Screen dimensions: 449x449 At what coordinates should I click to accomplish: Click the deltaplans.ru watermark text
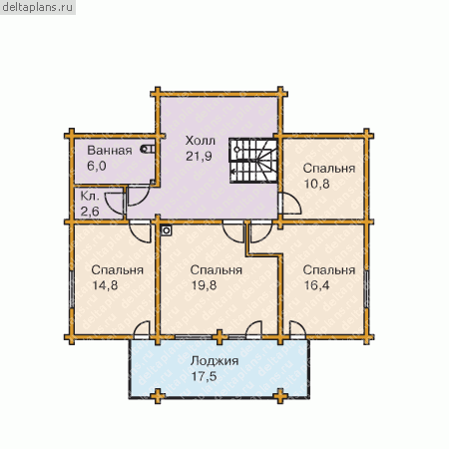(x=37, y=7)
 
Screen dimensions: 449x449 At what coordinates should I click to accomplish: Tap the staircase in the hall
(x=253, y=161)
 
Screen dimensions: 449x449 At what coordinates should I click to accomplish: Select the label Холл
(x=201, y=141)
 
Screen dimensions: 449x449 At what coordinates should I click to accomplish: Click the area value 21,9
(x=199, y=156)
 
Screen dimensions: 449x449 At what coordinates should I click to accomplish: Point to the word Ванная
(x=110, y=151)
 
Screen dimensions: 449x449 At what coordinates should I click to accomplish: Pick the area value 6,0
(x=97, y=166)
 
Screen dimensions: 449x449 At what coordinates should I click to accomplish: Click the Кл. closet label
(x=90, y=197)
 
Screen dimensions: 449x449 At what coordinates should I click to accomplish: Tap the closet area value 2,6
(x=90, y=212)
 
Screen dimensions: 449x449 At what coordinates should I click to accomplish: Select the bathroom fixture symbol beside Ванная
(x=148, y=149)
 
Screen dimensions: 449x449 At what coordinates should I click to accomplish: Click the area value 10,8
(x=317, y=184)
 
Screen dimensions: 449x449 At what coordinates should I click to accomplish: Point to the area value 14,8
(x=105, y=285)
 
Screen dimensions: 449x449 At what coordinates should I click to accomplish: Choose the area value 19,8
(x=204, y=285)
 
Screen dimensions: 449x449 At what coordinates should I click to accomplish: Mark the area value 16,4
(x=316, y=285)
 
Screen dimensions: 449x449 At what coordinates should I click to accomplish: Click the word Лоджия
(x=215, y=361)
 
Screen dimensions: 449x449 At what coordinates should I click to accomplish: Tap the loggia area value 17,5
(x=204, y=376)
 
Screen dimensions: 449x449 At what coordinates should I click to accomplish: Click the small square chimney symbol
(x=167, y=230)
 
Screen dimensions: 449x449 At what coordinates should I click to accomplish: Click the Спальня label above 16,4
(x=329, y=270)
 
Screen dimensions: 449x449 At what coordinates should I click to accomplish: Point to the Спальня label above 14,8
(x=117, y=270)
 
